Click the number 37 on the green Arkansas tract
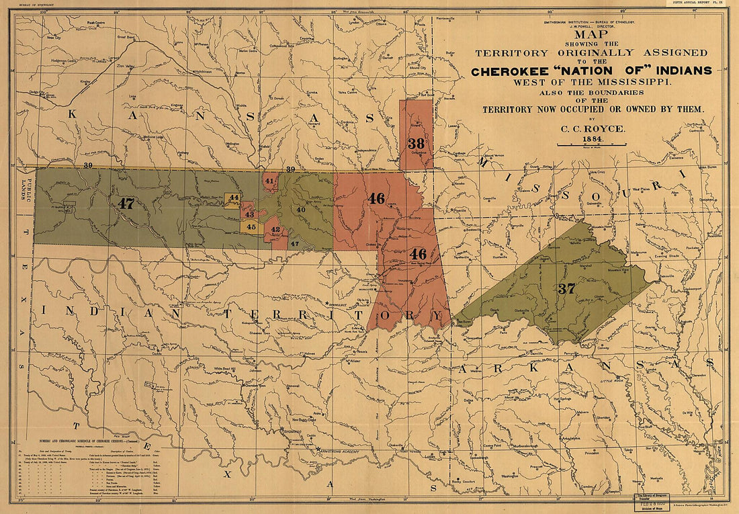(566, 289)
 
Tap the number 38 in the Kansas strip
(416, 143)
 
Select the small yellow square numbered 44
(233, 198)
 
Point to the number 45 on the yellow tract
(251, 227)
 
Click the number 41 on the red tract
(269, 181)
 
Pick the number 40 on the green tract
(300, 210)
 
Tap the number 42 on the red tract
(275, 230)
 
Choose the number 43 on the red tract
(249, 214)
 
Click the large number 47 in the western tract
(126, 203)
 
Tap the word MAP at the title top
(591, 35)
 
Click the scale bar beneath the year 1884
(591, 144)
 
